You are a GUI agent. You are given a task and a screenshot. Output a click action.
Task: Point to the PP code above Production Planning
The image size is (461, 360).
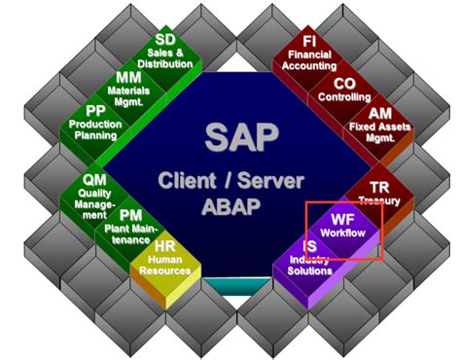tap(95, 112)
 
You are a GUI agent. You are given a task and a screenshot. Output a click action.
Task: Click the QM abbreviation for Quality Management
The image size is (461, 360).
tap(95, 179)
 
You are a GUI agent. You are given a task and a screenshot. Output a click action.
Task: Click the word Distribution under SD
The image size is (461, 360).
tap(168, 63)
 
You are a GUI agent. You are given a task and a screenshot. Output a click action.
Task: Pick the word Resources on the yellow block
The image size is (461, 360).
tap(167, 273)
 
